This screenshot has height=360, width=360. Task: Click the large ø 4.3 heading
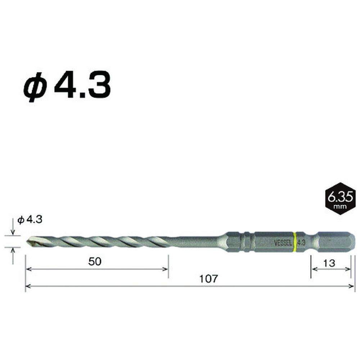(x=67, y=85)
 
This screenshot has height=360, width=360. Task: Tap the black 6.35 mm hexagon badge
(x=340, y=199)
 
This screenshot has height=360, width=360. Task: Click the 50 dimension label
(x=95, y=261)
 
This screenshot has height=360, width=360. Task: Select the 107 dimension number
(x=208, y=279)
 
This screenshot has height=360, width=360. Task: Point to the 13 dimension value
(x=329, y=263)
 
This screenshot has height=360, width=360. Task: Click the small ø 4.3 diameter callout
(x=30, y=220)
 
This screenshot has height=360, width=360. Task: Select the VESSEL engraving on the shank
(x=283, y=243)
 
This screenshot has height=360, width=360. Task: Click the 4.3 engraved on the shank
(x=301, y=242)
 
